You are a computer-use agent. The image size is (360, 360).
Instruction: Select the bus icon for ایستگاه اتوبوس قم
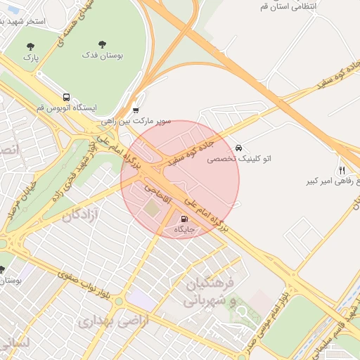pos(66,97)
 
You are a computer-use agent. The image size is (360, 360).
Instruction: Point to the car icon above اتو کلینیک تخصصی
pos(239,148)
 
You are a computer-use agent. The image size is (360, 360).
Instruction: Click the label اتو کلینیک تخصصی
pos(238,159)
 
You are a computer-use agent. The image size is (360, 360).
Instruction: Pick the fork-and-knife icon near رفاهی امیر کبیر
pos(342,170)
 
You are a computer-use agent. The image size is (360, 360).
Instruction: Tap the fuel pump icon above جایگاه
pos(185,219)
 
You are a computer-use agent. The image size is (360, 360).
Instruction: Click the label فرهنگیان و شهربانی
pos(211,292)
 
